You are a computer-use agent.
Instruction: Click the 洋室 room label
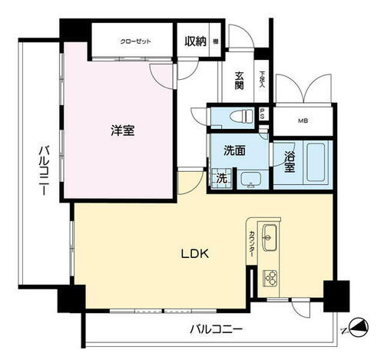click(x=121, y=131)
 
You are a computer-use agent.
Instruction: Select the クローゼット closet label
click(x=135, y=41)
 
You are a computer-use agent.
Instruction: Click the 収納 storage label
click(x=196, y=41)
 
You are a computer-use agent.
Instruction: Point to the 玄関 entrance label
click(x=239, y=80)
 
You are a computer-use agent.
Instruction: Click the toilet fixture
click(x=240, y=117)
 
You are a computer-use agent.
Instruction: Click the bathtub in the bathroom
click(x=315, y=161)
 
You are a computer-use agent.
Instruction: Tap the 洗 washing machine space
click(x=220, y=179)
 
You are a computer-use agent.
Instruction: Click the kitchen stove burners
click(x=271, y=277)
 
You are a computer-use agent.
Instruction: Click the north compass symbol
click(x=358, y=326)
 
